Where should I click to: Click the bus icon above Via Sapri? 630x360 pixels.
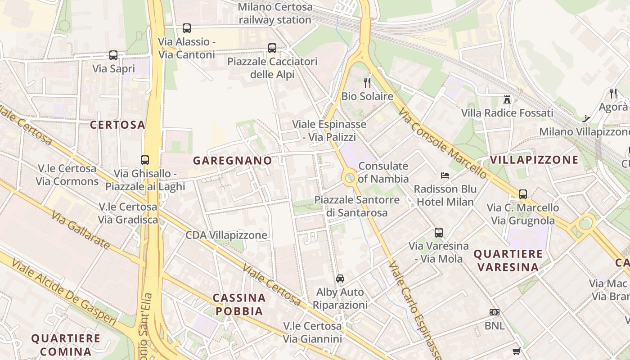point(113,55)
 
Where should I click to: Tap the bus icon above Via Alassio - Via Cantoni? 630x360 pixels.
point(187,28)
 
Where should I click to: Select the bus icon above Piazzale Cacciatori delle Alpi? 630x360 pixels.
point(272,48)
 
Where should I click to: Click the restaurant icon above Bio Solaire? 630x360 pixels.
point(367,83)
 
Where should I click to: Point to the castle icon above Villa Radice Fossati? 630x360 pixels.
point(507,99)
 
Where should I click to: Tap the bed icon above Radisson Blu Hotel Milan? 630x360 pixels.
point(445,175)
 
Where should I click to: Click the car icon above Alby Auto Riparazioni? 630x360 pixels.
point(340,279)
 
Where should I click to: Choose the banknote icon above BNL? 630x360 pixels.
point(495,312)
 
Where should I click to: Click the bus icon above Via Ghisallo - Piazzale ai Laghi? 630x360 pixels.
point(145,160)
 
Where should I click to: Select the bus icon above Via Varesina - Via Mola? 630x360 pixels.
point(439,233)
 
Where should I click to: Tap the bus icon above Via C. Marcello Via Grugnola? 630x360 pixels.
point(523,194)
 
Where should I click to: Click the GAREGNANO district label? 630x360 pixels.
point(233,161)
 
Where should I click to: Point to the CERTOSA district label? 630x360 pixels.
point(117,125)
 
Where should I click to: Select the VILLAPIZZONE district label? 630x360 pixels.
point(534,160)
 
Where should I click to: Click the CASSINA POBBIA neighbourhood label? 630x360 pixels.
point(239,304)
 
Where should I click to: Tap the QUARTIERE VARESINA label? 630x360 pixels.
point(508,260)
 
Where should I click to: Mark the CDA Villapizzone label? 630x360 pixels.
point(226,235)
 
